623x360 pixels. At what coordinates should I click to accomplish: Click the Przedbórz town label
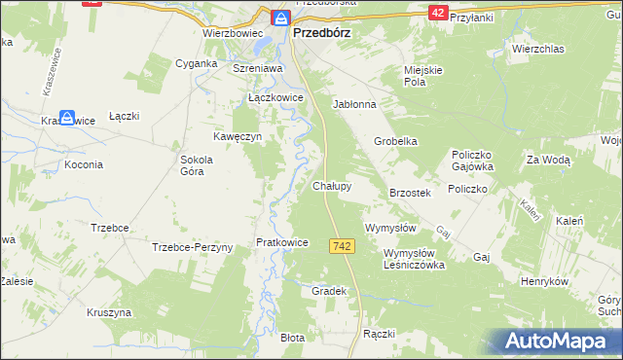pos(322,31)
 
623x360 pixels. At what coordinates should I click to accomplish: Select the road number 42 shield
pos(438,12)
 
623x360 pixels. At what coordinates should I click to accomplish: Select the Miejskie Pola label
pos(425,76)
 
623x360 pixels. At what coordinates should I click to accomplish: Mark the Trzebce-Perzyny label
pos(193,247)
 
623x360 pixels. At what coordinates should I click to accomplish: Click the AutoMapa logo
pos(558,342)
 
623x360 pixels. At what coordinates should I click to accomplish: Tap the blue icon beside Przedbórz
pos(280,18)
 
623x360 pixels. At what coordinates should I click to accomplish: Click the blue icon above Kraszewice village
pos(67,118)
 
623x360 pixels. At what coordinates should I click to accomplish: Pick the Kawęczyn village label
pos(239,137)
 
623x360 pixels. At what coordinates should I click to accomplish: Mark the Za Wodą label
pos(548,160)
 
